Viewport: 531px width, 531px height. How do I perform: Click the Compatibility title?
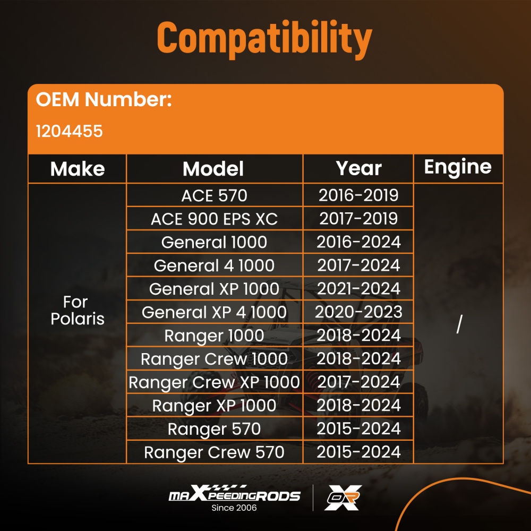[x=264, y=38]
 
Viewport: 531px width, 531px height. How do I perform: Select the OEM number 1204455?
[x=69, y=131]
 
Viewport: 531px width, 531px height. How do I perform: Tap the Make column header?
[x=78, y=169]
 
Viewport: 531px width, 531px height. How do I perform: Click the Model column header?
[x=213, y=169]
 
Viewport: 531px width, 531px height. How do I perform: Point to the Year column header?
[x=358, y=168]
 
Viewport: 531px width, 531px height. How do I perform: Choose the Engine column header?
[x=458, y=167]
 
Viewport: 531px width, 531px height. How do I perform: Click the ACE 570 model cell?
[x=215, y=195]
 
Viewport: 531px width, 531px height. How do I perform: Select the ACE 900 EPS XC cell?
[x=215, y=219]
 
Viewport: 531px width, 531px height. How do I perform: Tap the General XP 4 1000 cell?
[x=215, y=312]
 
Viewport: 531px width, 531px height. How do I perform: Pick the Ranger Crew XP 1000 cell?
[x=215, y=382]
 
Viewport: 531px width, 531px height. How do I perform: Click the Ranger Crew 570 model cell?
[x=215, y=452]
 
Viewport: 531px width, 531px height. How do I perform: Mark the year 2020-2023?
[x=358, y=312]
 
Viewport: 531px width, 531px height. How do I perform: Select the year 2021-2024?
[x=358, y=289]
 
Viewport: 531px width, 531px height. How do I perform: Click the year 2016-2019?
[x=358, y=195]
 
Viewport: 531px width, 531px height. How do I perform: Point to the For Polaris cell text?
[x=78, y=311]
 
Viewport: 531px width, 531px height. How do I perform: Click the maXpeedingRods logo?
[x=234, y=495]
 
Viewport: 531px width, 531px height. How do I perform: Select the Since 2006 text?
[x=234, y=508]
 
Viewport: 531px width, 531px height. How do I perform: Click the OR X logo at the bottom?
[x=343, y=498]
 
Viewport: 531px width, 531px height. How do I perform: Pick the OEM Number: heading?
[x=104, y=99]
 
